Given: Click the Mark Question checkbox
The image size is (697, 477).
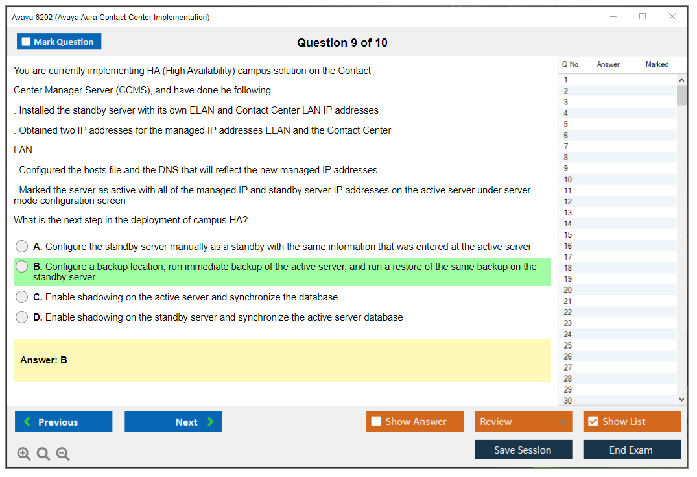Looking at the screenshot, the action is (26, 42).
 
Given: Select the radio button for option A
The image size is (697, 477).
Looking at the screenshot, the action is (21, 246).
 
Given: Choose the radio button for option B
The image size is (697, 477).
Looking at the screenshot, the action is (21, 266).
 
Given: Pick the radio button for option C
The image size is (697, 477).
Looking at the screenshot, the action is (21, 297).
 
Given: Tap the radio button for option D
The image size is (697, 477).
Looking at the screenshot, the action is (21, 317).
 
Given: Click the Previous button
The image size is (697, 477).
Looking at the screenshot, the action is (64, 421).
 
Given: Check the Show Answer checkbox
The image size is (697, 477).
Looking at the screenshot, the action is (376, 421).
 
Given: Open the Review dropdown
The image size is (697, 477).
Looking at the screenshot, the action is (523, 421).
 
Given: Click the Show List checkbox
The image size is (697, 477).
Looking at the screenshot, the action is (593, 421).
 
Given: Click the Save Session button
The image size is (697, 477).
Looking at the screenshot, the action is (523, 450).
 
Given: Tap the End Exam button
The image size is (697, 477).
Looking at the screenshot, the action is (632, 450).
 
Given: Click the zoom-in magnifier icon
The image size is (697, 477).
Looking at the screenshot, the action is (23, 454).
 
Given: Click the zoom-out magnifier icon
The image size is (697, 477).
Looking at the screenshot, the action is (63, 454).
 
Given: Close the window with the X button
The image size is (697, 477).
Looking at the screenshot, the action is (672, 16).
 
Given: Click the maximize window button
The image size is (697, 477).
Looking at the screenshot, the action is (643, 16).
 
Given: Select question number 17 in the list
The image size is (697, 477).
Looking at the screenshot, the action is (567, 257).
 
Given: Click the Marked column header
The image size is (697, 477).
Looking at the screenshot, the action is (657, 64).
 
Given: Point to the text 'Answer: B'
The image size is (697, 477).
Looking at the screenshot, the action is (43, 360).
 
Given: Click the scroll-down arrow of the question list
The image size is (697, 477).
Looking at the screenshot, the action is (682, 400).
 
